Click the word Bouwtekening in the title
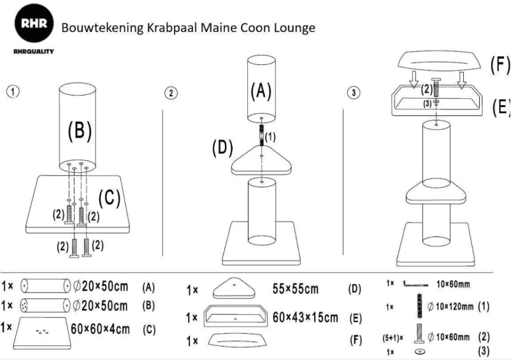click(x=96, y=29)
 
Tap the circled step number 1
click(x=12, y=90)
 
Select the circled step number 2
click(x=171, y=93)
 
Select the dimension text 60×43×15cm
click(x=305, y=317)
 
